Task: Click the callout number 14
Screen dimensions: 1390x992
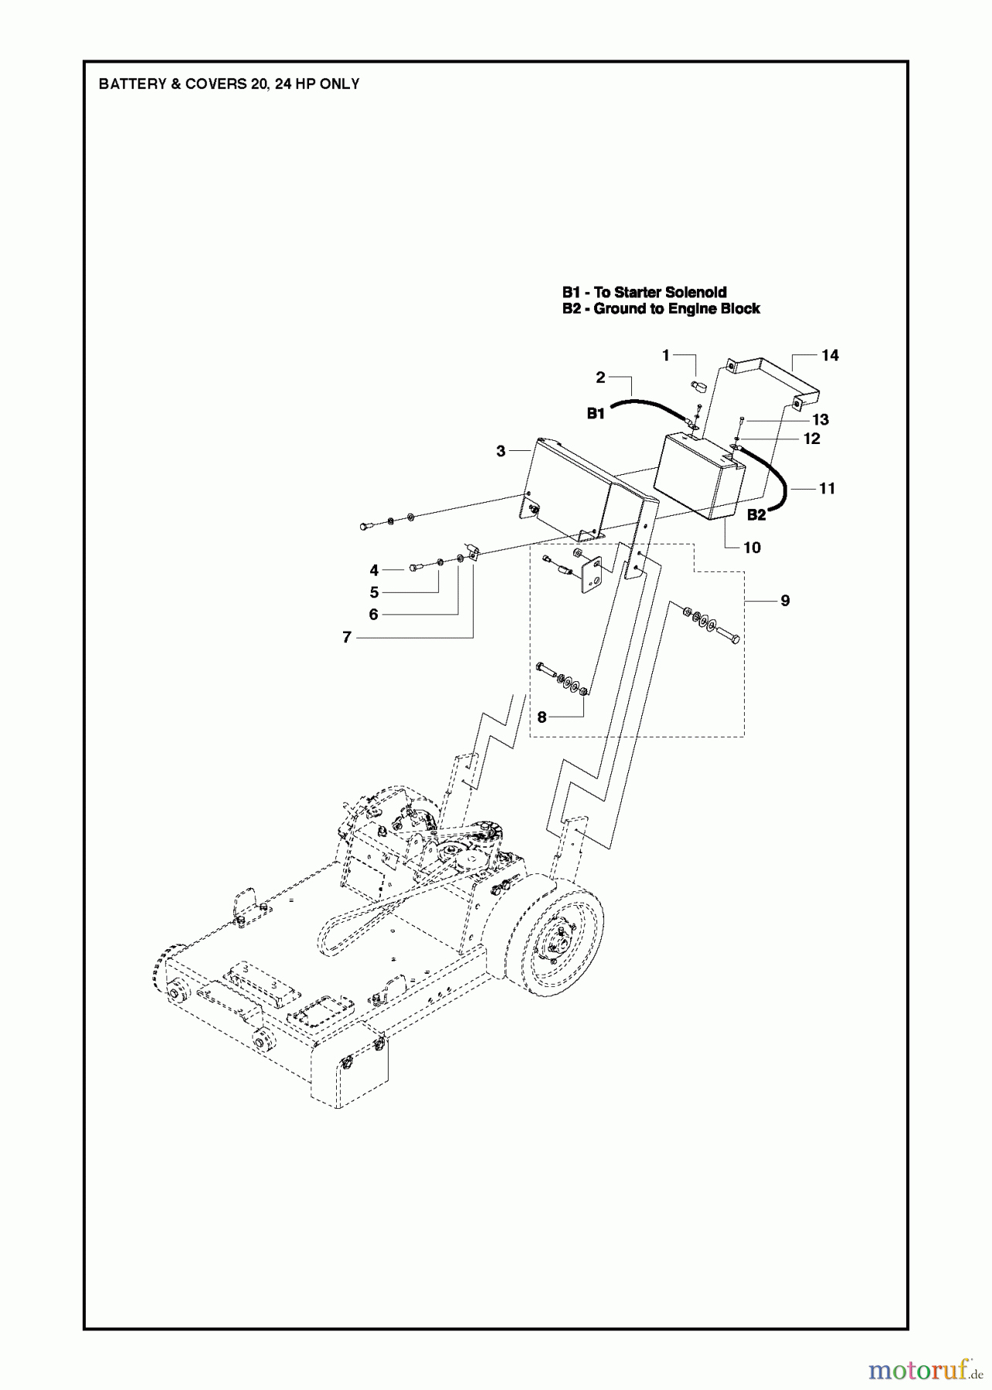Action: [829, 355]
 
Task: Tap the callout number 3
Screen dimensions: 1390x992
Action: [501, 450]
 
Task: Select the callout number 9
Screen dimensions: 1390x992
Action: [785, 600]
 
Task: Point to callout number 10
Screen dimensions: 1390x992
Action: [752, 548]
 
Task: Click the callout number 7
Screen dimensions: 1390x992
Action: [347, 637]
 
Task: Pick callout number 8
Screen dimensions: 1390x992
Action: [542, 717]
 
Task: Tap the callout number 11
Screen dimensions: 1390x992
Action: [827, 488]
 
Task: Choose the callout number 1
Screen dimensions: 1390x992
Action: [665, 355]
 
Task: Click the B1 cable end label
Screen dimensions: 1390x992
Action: [595, 413]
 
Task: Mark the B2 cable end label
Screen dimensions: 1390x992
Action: [756, 514]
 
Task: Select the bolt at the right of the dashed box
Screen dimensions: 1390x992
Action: [727, 636]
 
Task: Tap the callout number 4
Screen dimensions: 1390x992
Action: [374, 571]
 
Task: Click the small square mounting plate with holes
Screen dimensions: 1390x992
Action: [591, 575]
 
